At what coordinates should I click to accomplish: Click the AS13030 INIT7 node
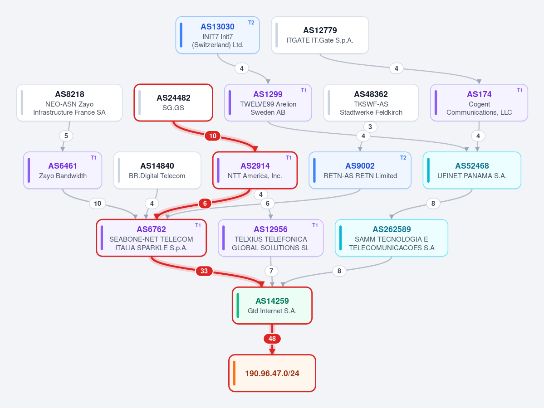click(217, 35)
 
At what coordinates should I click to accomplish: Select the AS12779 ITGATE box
click(320, 35)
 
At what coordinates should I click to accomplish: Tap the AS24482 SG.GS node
click(173, 102)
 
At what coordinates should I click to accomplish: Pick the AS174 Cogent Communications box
click(479, 102)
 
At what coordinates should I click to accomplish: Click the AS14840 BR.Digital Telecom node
click(157, 170)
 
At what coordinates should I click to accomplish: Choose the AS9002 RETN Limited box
click(360, 170)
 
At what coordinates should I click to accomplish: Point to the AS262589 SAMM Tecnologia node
click(392, 238)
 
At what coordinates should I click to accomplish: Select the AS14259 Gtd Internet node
click(272, 306)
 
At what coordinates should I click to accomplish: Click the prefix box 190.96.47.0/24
click(272, 373)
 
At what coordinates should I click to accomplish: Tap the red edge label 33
click(204, 271)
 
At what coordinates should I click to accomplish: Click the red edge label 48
click(272, 339)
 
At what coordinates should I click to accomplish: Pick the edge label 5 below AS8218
click(66, 136)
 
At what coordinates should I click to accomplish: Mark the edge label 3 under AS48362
click(370, 127)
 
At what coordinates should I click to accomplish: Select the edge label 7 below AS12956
click(271, 271)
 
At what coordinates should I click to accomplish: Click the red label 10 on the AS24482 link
click(213, 136)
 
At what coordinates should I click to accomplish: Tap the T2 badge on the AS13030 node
click(251, 23)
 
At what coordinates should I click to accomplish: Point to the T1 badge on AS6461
click(93, 158)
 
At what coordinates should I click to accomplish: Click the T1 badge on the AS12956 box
click(315, 225)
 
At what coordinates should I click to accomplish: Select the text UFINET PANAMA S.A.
click(472, 176)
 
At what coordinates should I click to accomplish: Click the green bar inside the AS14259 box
click(238, 306)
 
